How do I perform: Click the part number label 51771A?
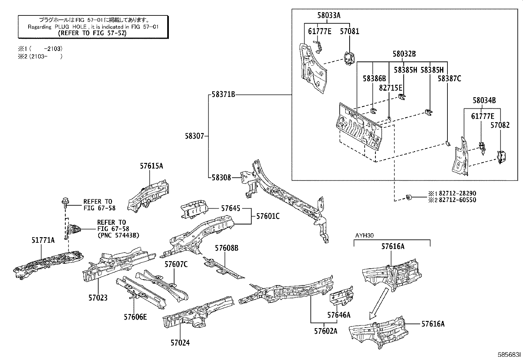click(x=43, y=240)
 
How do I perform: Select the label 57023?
click(x=98, y=298)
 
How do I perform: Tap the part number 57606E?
click(x=135, y=317)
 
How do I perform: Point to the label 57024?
click(x=180, y=343)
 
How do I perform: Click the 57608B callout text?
click(x=227, y=248)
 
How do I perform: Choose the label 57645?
click(x=230, y=208)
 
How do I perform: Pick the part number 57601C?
click(x=268, y=216)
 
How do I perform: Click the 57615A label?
click(x=151, y=166)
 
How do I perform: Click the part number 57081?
click(x=350, y=31)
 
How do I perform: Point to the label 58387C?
click(x=449, y=79)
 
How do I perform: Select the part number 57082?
click(x=500, y=125)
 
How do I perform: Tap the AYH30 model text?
click(x=364, y=236)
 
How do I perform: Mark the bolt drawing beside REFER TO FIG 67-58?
click(x=65, y=203)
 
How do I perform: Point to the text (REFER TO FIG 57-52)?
click(x=92, y=33)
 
